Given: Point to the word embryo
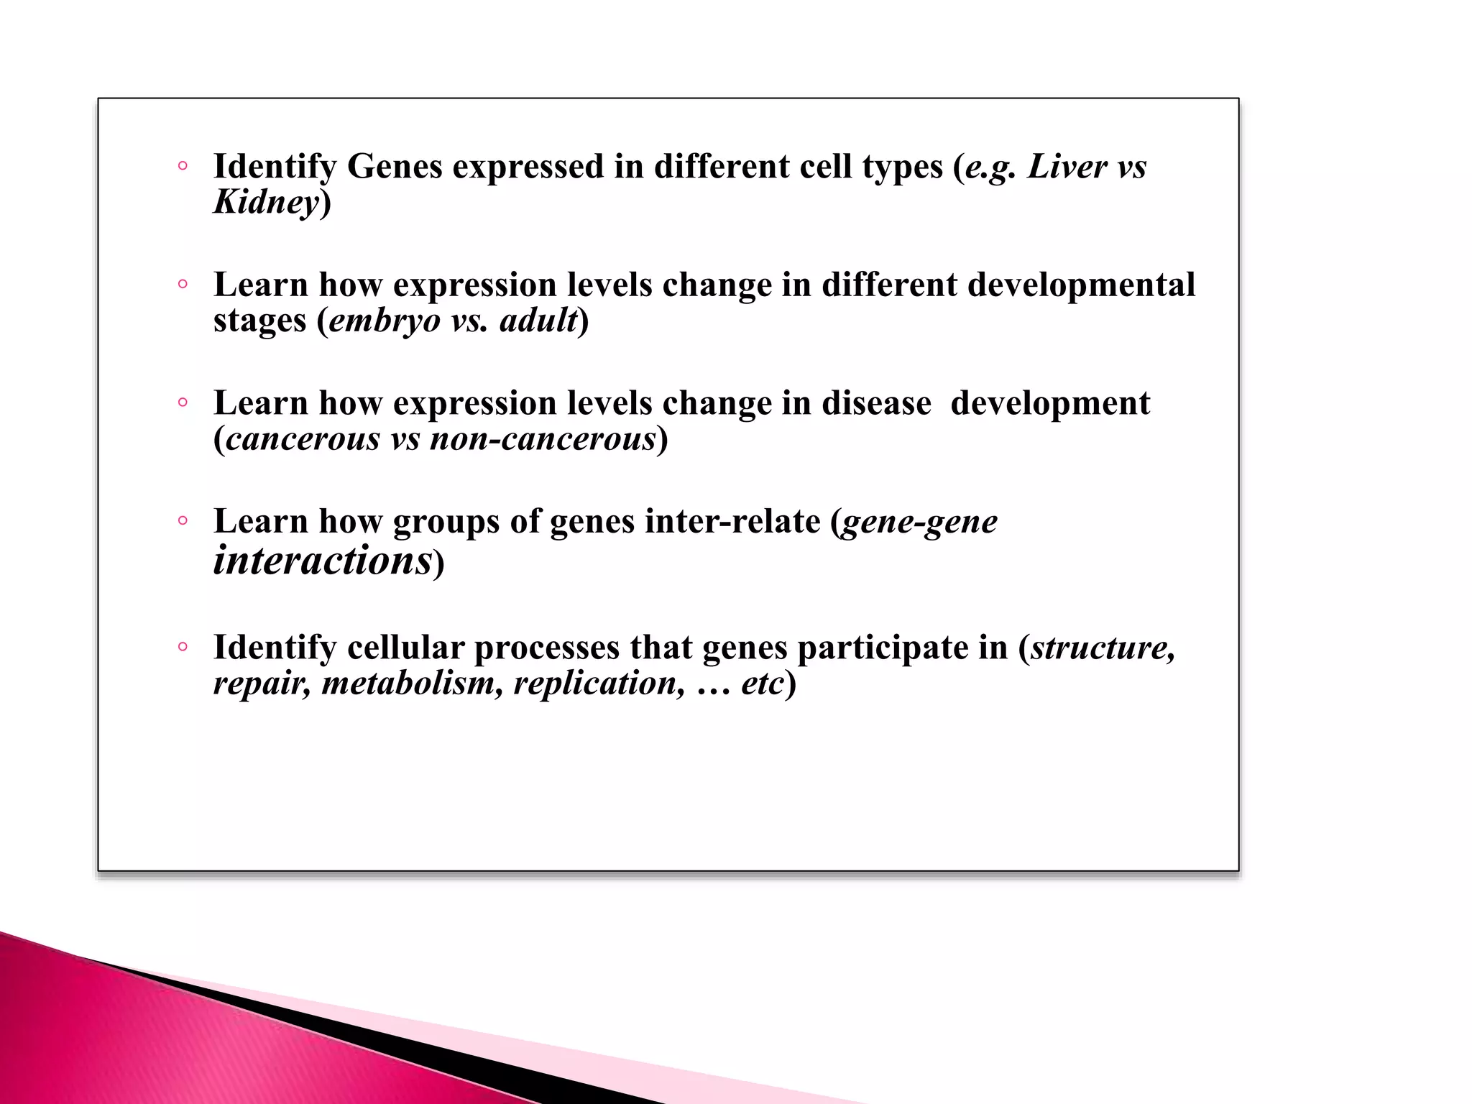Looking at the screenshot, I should [385, 321].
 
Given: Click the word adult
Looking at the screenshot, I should [538, 321].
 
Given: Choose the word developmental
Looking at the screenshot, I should [1081, 285].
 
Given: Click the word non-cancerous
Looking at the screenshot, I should [543, 439].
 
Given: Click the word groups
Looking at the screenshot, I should [446, 523].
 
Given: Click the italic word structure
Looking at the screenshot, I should [1103, 648].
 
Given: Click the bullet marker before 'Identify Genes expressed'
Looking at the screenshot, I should [183, 167].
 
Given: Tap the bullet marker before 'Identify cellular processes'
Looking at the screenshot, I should [183, 648].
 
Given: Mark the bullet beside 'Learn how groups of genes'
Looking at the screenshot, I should [183, 521].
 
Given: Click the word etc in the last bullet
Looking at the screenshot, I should [761, 683].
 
